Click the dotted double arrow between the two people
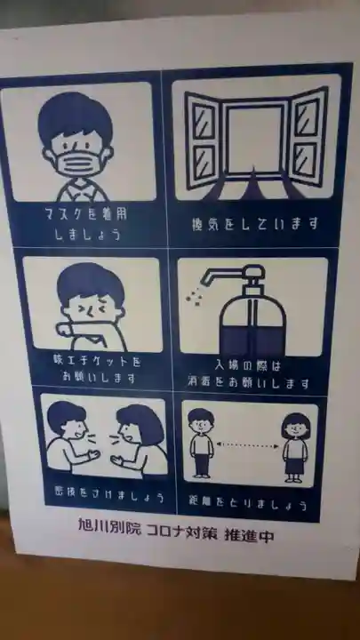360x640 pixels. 250,444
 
